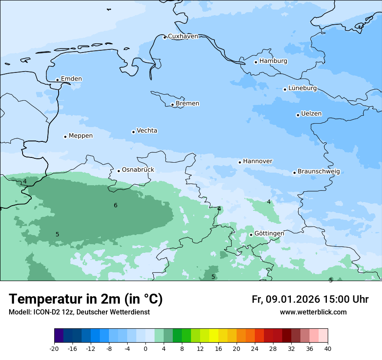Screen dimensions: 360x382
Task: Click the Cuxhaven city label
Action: click(183, 36)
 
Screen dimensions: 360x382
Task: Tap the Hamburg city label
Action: click(273, 61)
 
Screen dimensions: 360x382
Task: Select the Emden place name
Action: click(71, 79)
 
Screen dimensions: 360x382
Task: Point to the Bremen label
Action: click(188, 104)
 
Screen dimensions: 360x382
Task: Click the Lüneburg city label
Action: click(302, 88)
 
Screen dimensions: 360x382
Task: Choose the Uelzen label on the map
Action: click(311, 114)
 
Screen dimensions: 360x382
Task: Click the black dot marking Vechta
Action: click(133, 132)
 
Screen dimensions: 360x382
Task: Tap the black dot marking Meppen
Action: click(65, 137)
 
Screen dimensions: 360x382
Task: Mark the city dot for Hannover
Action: click(240, 162)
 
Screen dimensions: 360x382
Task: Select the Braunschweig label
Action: click(319, 172)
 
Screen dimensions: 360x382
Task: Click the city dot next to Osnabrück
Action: click(119, 171)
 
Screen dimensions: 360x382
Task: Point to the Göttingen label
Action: click(269, 234)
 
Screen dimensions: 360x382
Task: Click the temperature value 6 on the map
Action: click(115, 206)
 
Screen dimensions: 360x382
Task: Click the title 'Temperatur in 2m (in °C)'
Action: click(86, 299)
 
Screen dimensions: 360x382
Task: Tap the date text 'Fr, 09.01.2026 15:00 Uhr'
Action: click(310, 299)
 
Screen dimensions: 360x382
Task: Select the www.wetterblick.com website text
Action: click(313, 312)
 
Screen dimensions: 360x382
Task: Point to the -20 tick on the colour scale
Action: click(54, 349)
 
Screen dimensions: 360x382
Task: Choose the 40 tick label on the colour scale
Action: click(327, 349)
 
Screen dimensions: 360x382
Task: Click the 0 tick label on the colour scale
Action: click(145, 349)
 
